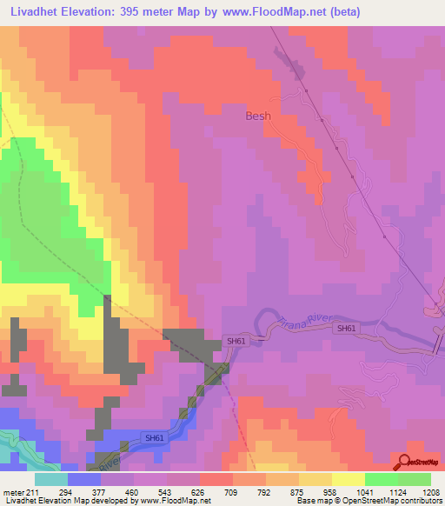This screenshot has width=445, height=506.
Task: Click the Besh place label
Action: point(258,116)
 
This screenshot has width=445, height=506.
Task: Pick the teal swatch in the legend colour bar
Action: point(50,479)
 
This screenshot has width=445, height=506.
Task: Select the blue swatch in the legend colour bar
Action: point(83,479)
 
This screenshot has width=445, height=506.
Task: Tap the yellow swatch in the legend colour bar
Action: point(349,479)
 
